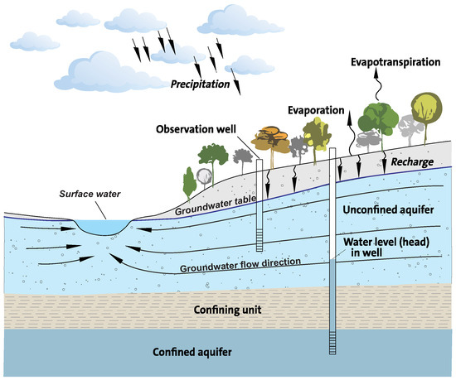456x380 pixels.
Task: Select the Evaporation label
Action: tap(318, 109)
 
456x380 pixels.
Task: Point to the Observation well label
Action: tap(197, 128)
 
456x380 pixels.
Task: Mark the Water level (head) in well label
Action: tap(384, 248)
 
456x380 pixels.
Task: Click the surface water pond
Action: tap(101, 225)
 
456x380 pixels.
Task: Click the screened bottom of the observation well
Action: tap(260, 240)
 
